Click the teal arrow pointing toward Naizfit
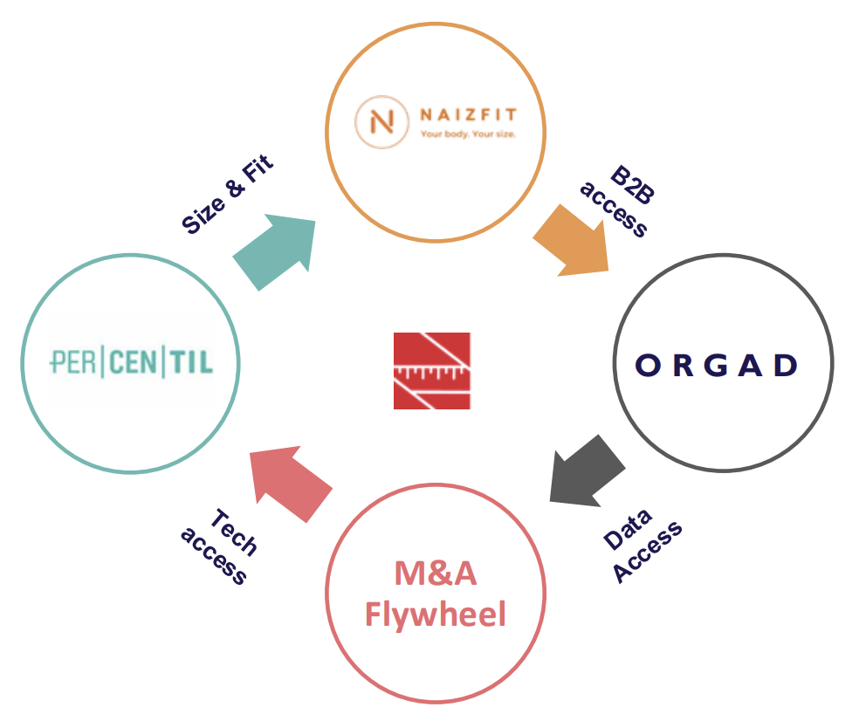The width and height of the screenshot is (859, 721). [276, 253]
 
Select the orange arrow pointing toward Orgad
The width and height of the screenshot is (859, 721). [573, 239]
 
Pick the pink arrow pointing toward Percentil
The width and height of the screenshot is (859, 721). [289, 484]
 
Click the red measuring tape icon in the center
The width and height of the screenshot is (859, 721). [431, 370]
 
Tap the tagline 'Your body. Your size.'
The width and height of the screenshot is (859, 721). [468, 134]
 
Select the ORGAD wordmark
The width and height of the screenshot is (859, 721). [717, 365]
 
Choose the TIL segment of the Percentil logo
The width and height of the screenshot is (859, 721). [190, 361]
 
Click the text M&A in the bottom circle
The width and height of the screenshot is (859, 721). [434, 573]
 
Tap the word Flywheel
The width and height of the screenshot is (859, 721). [435, 615]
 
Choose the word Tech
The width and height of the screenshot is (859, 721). [234, 532]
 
